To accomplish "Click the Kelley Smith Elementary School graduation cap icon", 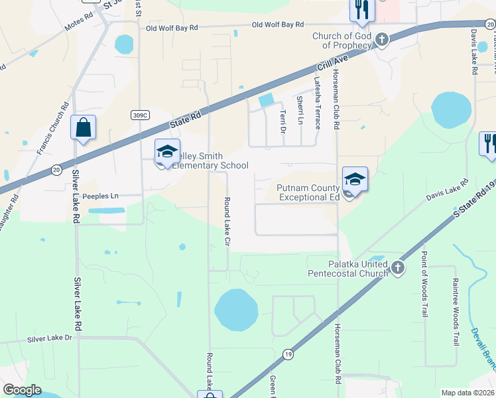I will tap(167, 151).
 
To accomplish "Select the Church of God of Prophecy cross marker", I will tap(381, 40).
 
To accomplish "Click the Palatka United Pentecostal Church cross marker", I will tap(397, 268).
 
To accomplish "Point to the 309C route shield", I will tap(139, 115).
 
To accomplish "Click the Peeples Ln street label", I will tap(100, 196).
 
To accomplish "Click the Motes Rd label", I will tap(79, 25).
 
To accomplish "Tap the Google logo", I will tap(22, 390).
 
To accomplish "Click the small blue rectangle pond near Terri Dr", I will tap(266, 101).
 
